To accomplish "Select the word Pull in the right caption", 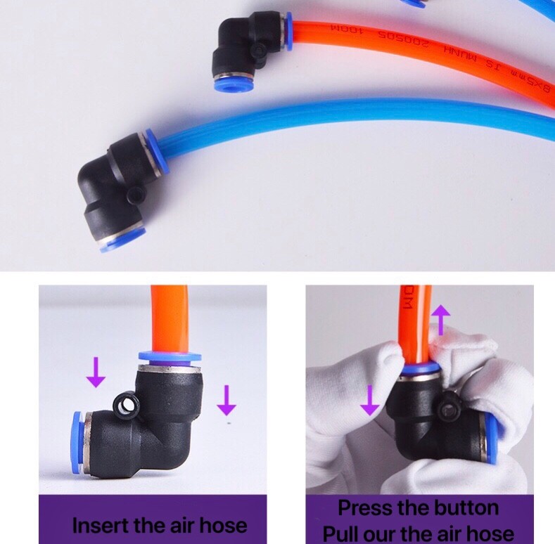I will click(343, 533).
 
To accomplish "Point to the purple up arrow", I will click(440, 320).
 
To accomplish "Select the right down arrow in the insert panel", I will click(226, 399).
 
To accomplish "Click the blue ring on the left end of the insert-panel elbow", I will click(75, 433).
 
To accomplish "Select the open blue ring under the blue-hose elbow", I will click(121, 240).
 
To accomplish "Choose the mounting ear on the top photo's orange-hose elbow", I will click(260, 66).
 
